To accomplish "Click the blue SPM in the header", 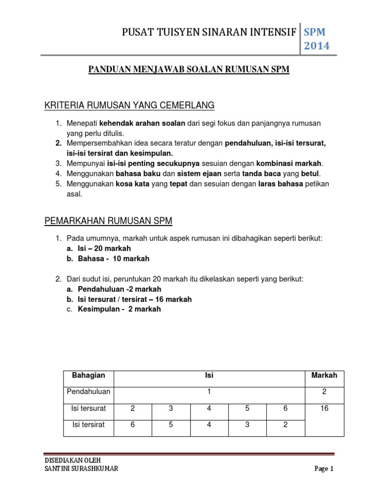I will tap(315, 31).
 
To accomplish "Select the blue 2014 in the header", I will tap(316, 46).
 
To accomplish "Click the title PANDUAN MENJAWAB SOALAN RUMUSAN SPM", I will tap(189, 70).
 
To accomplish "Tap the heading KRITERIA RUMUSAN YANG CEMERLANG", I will tap(129, 105).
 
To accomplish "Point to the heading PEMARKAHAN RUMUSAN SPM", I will tap(108, 221).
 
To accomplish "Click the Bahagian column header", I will tap(89, 376).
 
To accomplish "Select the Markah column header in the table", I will tap(324, 376).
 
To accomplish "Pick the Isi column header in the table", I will tap(209, 376).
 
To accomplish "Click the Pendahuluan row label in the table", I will tap(89, 392).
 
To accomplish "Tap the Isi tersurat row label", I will tap(89, 409).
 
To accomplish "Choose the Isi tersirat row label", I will tap(89, 425).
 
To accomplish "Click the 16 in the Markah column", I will tap(324, 409).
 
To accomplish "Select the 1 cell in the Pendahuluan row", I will tap(209, 392).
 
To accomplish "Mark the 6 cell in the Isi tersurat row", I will tap(285, 409).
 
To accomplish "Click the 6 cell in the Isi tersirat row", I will tap(133, 425).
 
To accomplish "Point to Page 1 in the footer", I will tap(324, 469).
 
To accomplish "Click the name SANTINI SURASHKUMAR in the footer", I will tap(81, 469).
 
